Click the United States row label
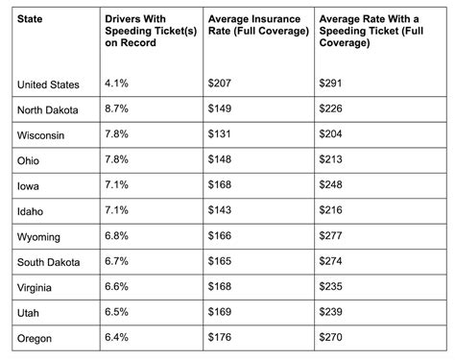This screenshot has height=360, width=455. coord(48,84)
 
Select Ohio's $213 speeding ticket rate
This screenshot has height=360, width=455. coord(331,160)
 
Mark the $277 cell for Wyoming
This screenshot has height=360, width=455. coord(331,235)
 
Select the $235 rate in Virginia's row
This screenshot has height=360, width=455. coord(331,286)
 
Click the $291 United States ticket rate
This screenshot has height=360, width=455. coord(331,84)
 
